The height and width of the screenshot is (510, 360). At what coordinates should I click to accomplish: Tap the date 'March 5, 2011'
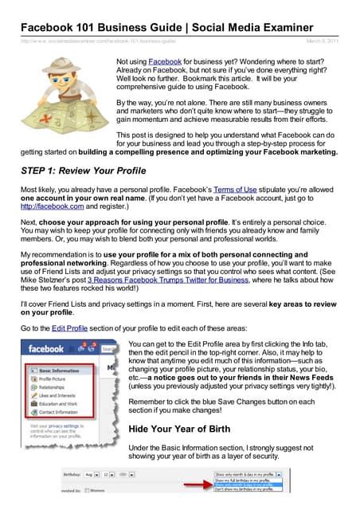coord(327,40)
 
